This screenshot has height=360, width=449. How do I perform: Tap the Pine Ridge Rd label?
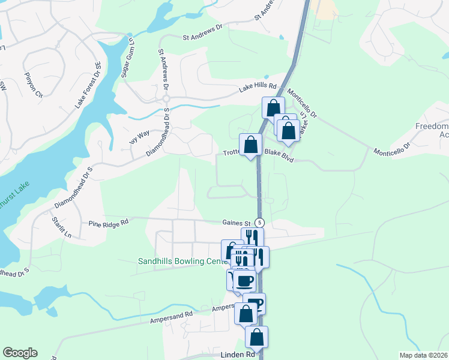tap(109, 223)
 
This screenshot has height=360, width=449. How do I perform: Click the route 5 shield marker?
tap(259, 222)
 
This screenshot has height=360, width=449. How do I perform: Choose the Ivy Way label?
tap(139, 136)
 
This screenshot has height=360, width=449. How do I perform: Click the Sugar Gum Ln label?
tap(127, 56)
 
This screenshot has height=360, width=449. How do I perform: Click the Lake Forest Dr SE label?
tap(87, 85)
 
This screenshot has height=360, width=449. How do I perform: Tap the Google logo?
tap(20, 353)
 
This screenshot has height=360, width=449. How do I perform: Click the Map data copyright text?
tap(423, 355)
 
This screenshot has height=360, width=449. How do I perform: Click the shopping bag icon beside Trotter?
tap(250, 145)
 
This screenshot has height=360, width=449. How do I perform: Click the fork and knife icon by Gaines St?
tap(252, 237)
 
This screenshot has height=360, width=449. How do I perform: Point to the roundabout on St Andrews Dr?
tap(167, 98)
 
